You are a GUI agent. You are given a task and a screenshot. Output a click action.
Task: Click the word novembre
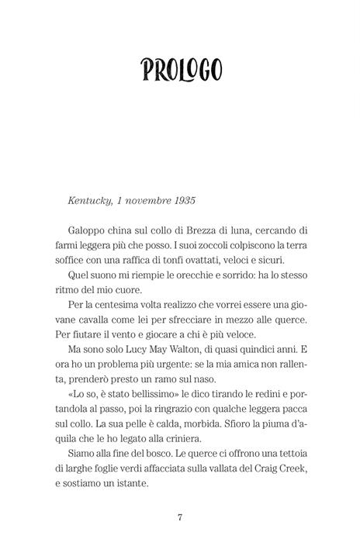tap(145, 200)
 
